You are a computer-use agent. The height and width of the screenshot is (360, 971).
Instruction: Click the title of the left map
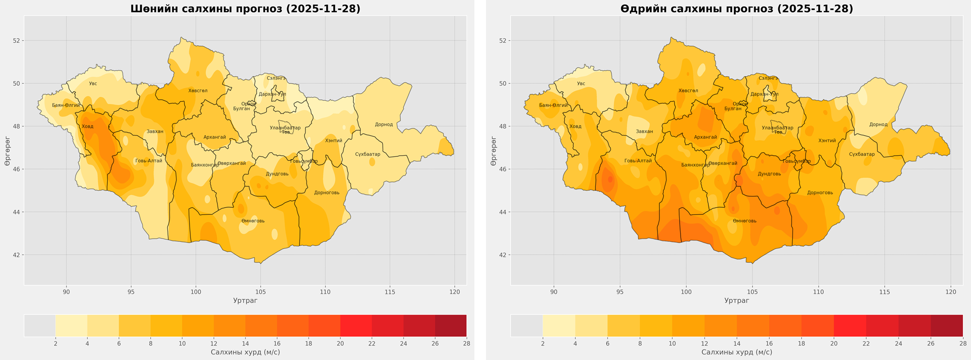tap(245, 9)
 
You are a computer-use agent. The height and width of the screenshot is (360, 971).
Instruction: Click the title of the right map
tap(737, 9)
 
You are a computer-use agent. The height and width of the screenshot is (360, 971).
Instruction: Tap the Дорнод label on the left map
tap(384, 125)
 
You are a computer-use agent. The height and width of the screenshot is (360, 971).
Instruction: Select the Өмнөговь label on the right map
tap(745, 221)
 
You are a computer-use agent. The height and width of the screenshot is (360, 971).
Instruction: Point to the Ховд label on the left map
tap(87, 127)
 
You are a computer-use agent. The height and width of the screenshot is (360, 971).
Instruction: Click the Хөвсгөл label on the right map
tap(688, 91)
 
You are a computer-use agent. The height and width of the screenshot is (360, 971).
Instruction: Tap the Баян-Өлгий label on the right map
tap(553, 105)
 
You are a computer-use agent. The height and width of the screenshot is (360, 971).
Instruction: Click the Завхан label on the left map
tap(155, 132)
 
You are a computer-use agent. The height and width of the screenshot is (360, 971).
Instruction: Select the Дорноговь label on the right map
tap(820, 193)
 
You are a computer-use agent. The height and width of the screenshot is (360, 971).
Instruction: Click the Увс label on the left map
tap(93, 84)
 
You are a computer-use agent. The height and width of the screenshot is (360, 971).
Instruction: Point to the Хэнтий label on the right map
tap(827, 141)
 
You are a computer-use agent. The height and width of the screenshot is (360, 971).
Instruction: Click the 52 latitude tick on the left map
tap(16, 40)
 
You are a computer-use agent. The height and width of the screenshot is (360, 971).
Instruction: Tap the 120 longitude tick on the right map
tap(951, 291)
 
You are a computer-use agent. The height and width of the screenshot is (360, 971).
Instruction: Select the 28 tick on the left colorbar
tap(466, 343)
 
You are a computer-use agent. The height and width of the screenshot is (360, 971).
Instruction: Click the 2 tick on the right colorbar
tap(543, 343)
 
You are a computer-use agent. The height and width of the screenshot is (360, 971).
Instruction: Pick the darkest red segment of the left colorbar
tap(450, 325)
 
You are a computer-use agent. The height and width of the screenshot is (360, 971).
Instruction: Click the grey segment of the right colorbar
tap(527, 325)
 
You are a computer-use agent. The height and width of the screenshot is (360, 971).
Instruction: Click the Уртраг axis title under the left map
tap(245, 301)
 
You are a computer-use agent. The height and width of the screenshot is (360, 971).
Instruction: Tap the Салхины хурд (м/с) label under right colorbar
tap(737, 352)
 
